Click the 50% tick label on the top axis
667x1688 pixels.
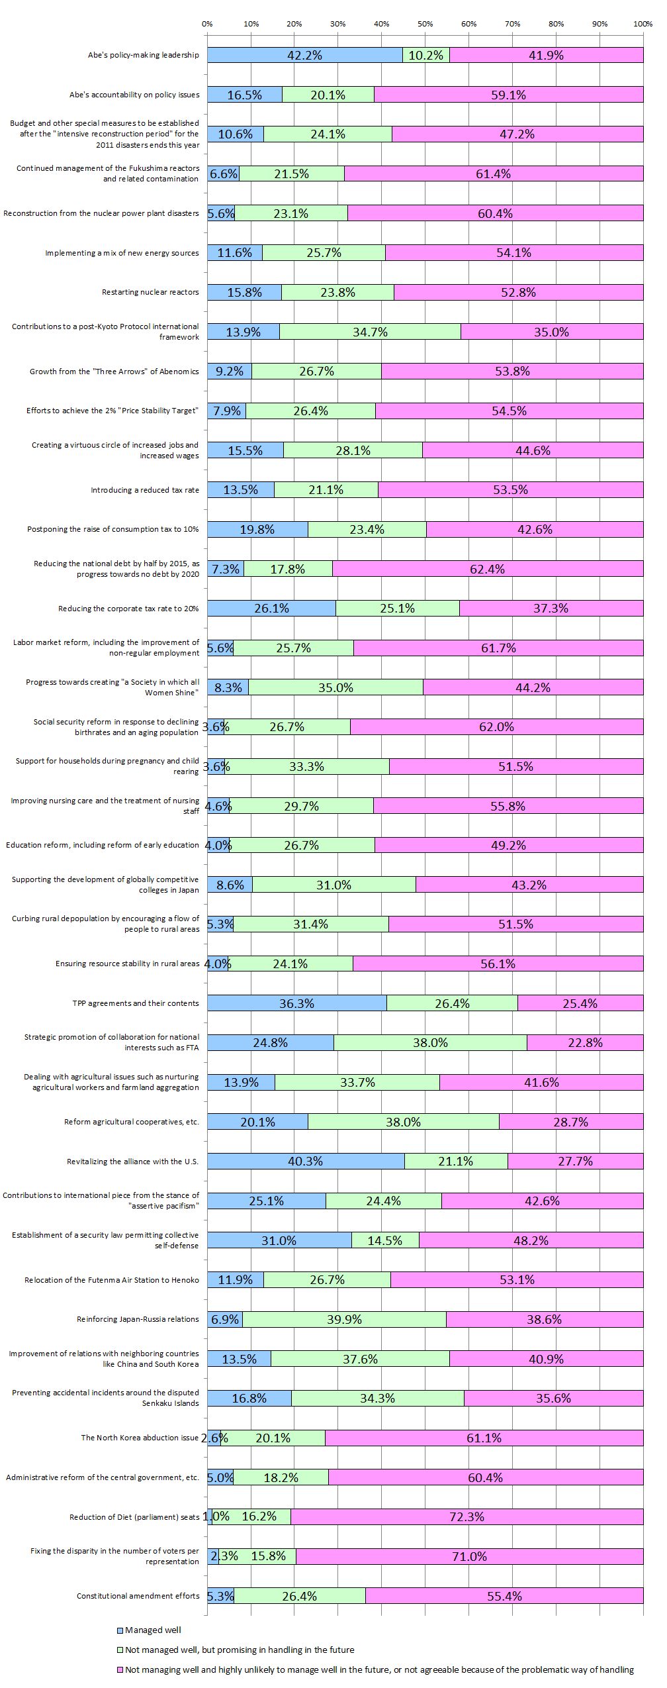click(x=425, y=24)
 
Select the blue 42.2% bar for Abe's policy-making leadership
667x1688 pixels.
click(x=304, y=55)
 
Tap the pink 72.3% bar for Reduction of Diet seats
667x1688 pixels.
click(x=467, y=1516)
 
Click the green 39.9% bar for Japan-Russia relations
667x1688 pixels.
click(x=344, y=1319)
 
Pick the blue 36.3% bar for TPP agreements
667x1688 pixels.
click(x=296, y=1003)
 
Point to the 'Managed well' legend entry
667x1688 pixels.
click(x=153, y=1630)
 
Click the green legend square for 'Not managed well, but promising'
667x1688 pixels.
click(x=120, y=1650)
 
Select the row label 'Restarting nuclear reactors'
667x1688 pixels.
click(x=150, y=292)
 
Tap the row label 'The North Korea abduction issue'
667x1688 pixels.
click(x=140, y=1438)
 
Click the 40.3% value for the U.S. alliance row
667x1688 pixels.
click(x=305, y=1161)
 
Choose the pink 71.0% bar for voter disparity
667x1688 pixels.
click(x=470, y=1556)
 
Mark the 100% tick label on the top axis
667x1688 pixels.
click(x=643, y=24)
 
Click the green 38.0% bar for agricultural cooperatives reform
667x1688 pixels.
click(x=404, y=1122)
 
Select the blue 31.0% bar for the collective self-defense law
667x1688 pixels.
click(x=279, y=1240)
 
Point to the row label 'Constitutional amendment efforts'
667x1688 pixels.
click(x=138, y=1596)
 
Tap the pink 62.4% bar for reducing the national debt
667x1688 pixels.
click(x=488, y=569)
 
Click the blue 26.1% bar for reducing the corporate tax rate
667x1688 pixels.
click(x=271, y=608)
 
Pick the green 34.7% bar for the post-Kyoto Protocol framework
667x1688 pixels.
click(x=370, y=332)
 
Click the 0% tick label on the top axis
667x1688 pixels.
click(x=207, y=24)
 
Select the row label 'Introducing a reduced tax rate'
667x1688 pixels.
click(x=145, y=490)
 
